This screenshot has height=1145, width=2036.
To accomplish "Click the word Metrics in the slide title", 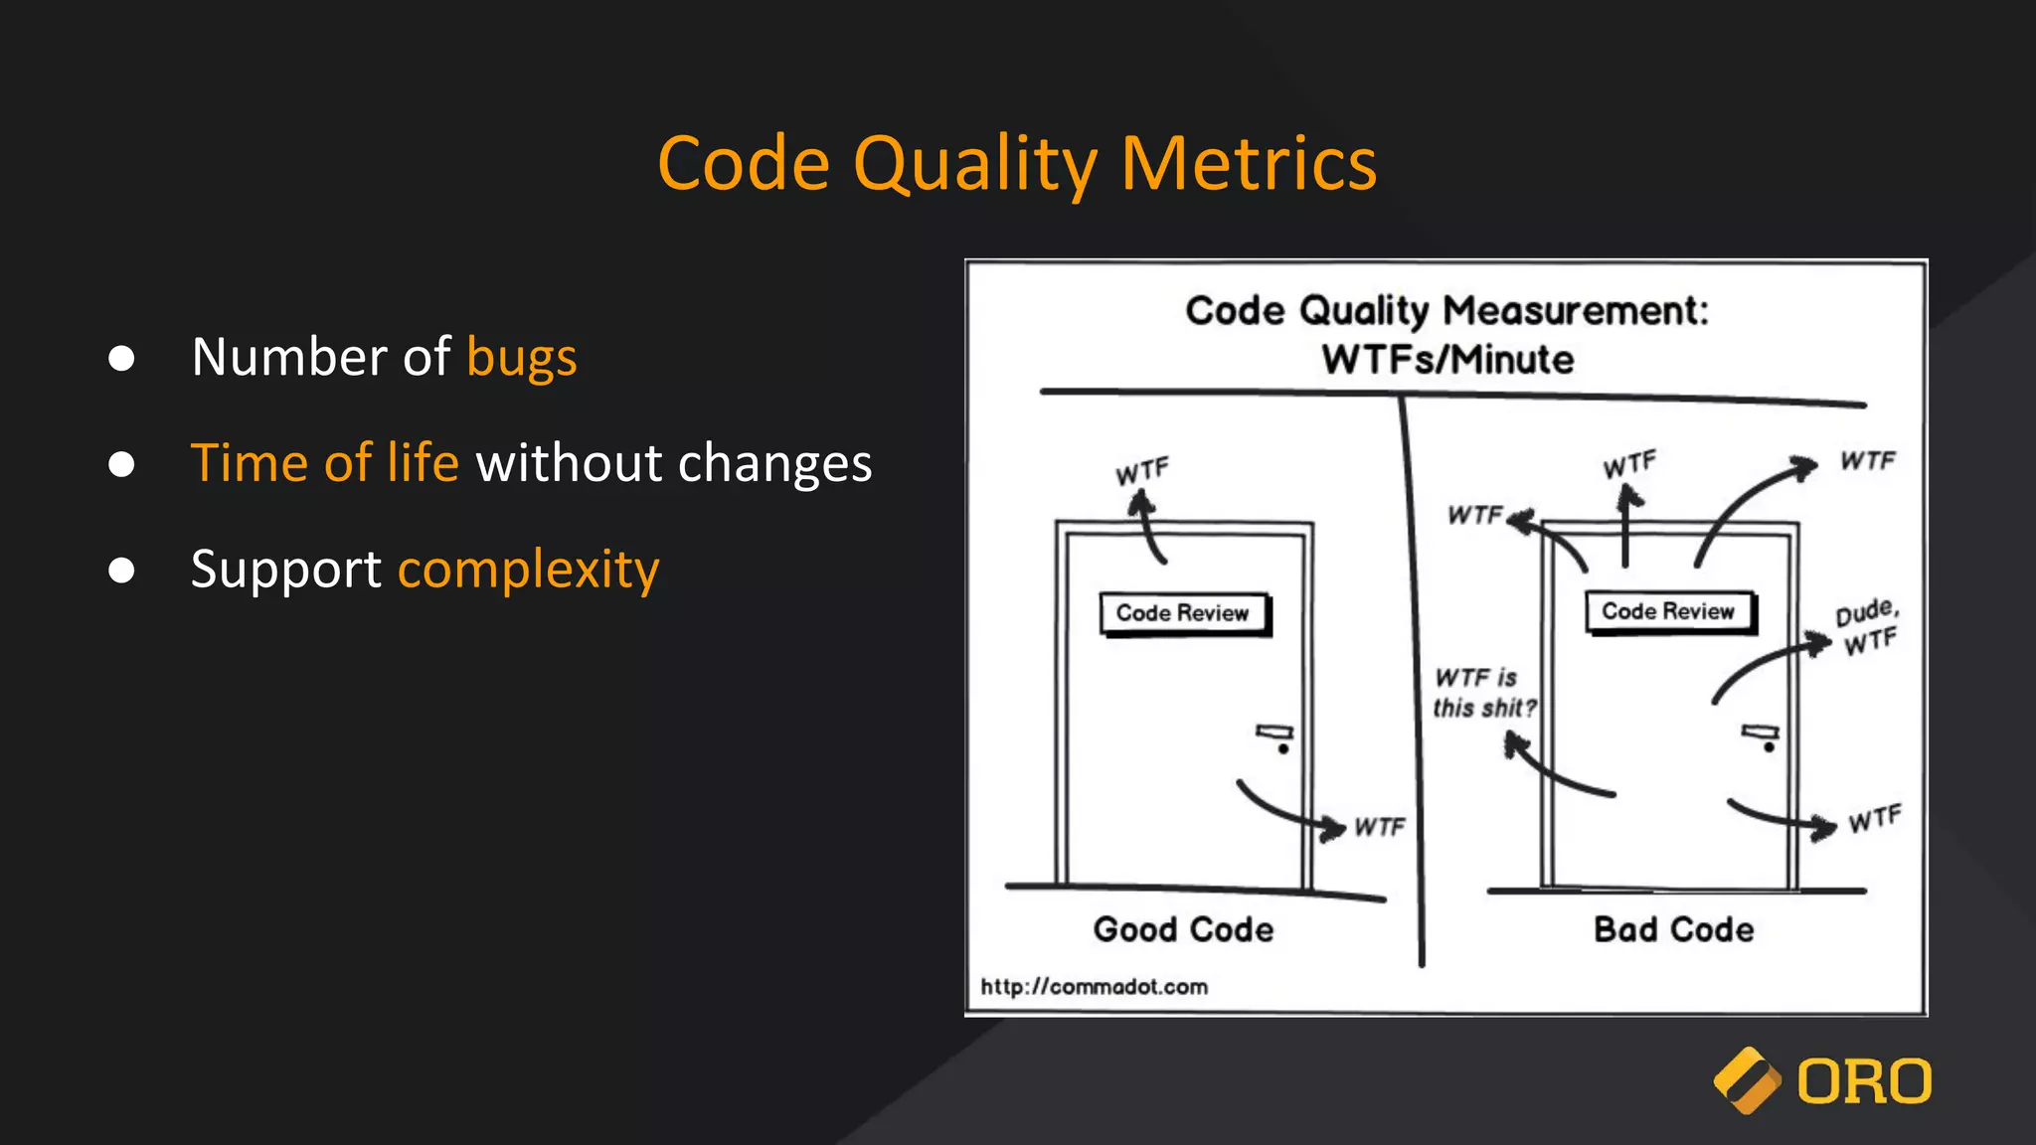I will [1249, 164].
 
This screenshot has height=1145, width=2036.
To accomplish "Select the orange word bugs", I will [522, 358].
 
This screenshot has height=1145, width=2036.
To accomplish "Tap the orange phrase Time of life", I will [325, 463].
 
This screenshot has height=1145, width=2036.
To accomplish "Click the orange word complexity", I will [528, 571].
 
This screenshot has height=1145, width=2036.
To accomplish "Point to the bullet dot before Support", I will [121, 571].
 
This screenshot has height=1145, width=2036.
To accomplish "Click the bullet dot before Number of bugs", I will [121, 358].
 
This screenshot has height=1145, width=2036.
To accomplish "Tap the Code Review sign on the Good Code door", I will [1183, 613].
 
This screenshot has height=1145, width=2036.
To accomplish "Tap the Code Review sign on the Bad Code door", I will [1668, 611].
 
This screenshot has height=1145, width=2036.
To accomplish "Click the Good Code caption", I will [1183, 929].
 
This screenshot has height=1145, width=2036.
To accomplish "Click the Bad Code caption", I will [1673, 929].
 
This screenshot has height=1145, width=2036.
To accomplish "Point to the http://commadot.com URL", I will [1094, 987].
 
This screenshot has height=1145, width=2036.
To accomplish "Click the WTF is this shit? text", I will [1482, 693].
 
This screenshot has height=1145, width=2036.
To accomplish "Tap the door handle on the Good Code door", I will [1275, 736].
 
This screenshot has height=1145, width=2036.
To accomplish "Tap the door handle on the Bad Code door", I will [1762, 736].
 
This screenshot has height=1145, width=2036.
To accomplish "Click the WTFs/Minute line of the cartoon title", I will [1447, 360].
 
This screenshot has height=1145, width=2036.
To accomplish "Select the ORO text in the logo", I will [1864, 1082].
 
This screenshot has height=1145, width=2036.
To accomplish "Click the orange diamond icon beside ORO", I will [1747, 1080].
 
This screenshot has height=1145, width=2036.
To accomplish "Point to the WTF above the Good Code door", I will [1142, 471].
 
